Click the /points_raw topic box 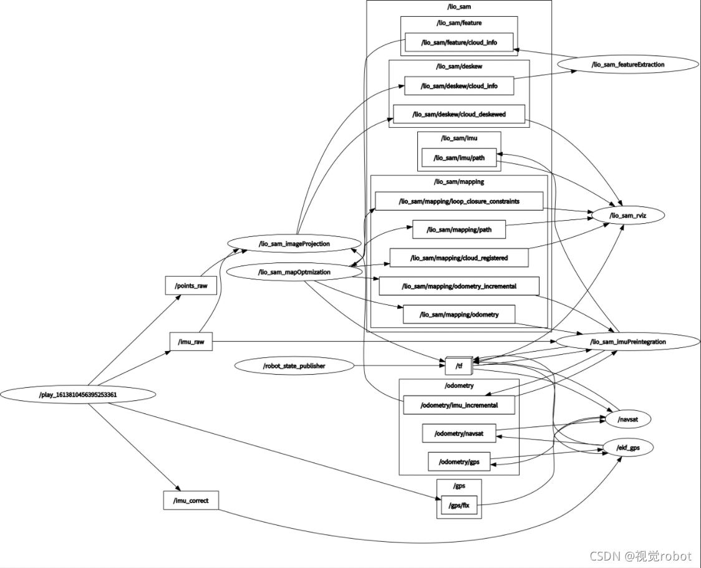point(191,286)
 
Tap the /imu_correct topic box point(191,500)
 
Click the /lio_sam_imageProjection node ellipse point(294,244)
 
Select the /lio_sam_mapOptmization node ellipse point(294,272)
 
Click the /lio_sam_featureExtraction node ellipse point(627,64)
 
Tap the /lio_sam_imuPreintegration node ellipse point(628,342)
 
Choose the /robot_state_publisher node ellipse point(294,366)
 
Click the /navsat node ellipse point(626,420)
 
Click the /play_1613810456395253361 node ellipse point(78,394)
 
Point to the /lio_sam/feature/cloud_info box point(459,42)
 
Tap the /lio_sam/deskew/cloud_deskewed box point(459,114)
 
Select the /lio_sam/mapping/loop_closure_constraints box point(459,201)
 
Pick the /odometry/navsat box point(459,432)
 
